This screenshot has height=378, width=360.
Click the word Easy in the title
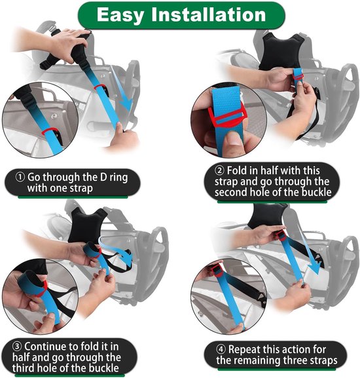pos(120,16)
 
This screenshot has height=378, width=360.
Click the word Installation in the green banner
pos(209,14)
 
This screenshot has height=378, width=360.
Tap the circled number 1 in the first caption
pos(20,178)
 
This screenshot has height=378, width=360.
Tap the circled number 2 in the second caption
pos(219,171)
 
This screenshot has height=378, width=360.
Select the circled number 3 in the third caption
pos(17,347)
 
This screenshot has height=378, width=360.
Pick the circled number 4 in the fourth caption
pos(221,349)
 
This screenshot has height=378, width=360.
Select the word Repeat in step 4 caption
pos(244,350)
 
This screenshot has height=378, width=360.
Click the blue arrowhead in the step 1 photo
pos(126,106)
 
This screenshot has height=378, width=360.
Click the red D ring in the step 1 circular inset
pos(49,131)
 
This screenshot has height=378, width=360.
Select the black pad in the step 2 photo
pos(281,51)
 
